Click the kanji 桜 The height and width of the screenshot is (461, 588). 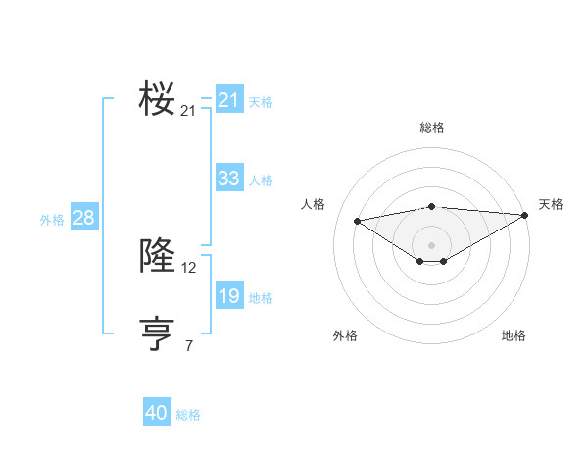click(157, 99)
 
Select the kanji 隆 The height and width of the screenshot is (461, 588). click(157, 255)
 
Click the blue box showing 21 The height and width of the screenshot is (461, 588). click(228, 100)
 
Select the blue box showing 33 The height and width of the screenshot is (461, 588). click(228, 179)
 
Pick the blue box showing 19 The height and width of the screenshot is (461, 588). click(228, 296)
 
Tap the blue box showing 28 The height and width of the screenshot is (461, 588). click(83, 218)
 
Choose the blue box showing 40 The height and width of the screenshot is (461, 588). click(157, 414)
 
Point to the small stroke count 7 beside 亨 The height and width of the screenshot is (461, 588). click(189, 345)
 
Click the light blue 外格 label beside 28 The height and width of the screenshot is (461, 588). click(52, 220)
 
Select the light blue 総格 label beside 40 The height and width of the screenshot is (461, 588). click(188, 416)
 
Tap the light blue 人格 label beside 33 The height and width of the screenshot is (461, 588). click(261, 180)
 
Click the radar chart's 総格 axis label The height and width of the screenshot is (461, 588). click(431, 128)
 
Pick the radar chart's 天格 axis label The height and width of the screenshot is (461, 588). click(551, 204)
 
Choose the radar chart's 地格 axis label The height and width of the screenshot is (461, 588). click(514, 336)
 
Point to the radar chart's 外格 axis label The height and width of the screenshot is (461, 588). click(345, 336)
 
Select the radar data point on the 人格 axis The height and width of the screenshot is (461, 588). click(357, 220)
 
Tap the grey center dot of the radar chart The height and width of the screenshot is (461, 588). click(431, 244)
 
